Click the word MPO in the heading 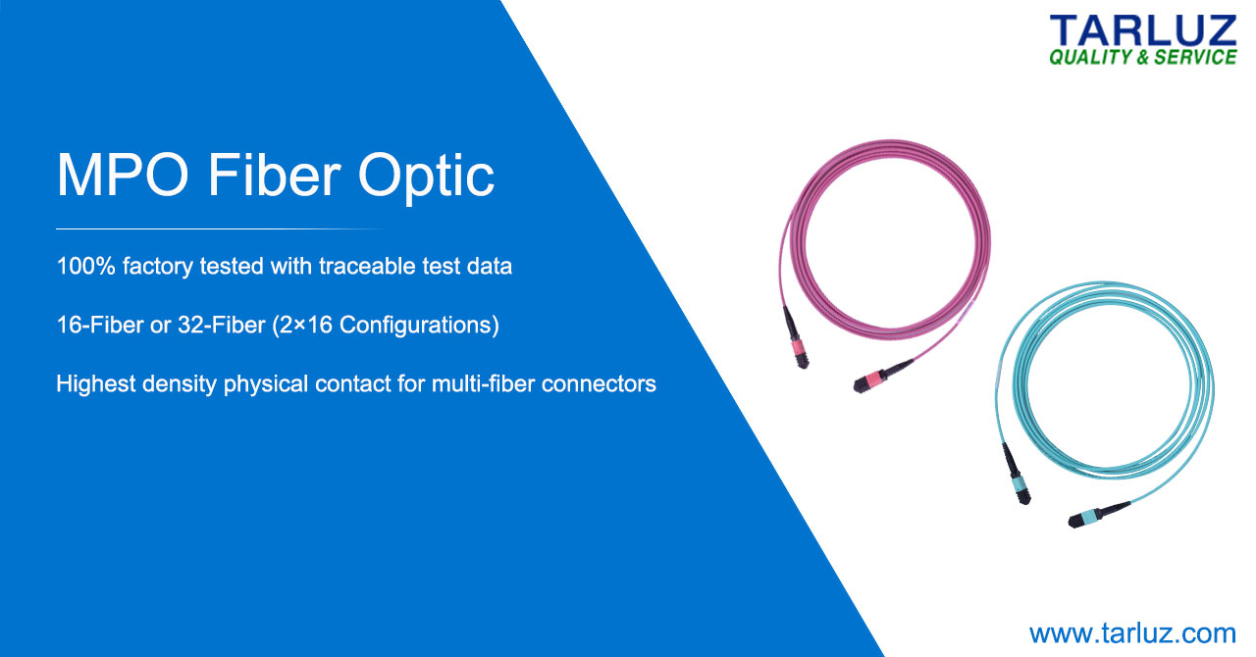[123, 175]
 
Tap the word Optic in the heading [426, 178]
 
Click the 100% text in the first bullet [85, 266]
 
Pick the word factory [158, 267]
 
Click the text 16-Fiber [100, 325]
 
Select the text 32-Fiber [222, 325]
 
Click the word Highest [96, 384]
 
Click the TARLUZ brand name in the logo [1142, 30]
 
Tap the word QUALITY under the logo [1090, 57]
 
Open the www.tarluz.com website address [1132, 633]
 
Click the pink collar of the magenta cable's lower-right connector [871, 379]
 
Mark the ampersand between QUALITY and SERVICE [1143, 57]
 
